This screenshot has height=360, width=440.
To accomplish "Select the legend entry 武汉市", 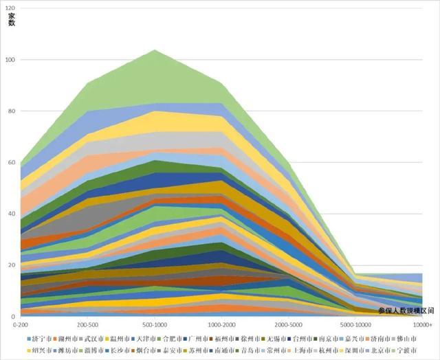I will coord(93,339).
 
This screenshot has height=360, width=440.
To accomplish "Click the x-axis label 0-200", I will coord(21,322).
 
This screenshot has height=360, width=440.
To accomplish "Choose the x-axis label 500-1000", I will coord(155,322).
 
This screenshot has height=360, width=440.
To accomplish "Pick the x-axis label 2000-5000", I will coord(289,322).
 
